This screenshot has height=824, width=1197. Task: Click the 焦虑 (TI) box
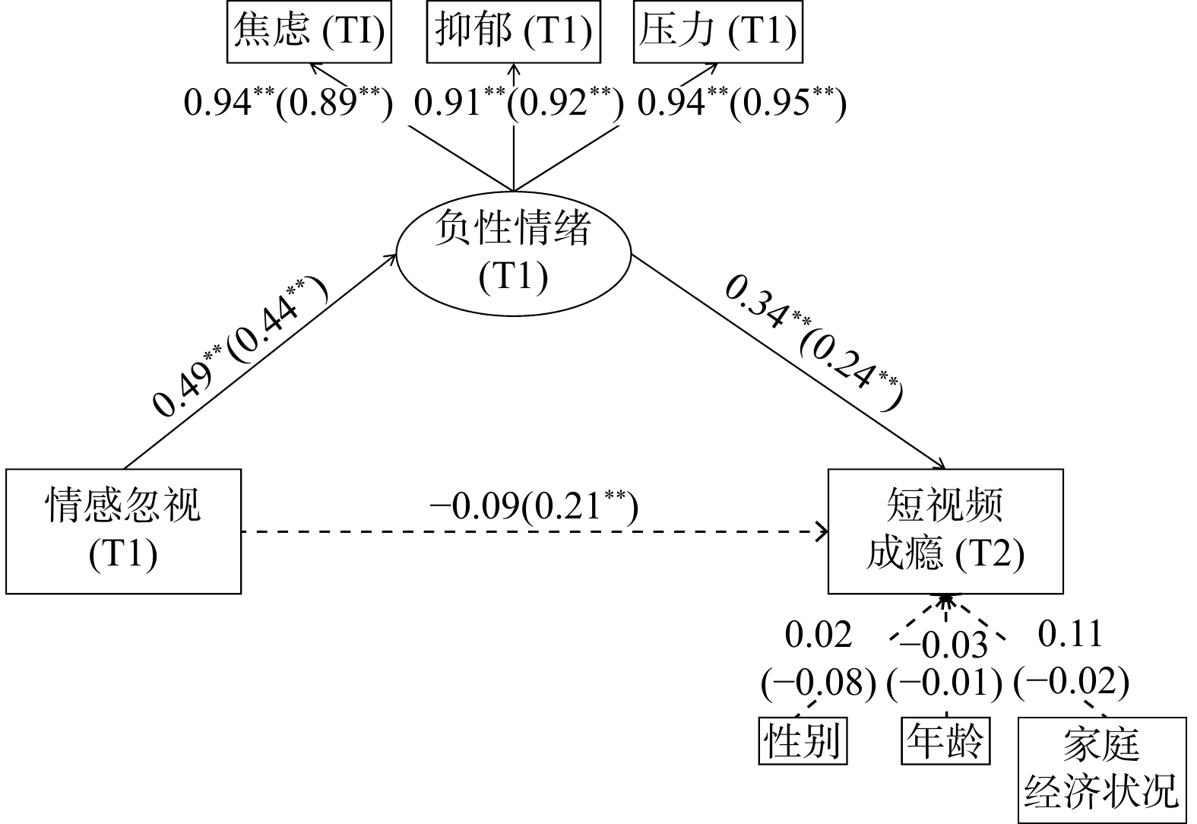(x=309, y=31)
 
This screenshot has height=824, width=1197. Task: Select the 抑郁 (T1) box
(x=514, y=31)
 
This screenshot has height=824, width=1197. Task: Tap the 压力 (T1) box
(x=717, y=31)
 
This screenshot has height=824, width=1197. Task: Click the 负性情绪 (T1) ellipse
(x=514, y=252)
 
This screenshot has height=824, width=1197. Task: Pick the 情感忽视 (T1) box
(x=123, y=531)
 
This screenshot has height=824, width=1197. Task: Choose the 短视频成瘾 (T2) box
(x=945, y=531)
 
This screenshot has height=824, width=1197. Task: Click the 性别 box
(x=803, y=740)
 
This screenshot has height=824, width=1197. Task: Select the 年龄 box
(x=945, y=740)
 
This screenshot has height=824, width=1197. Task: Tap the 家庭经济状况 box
(x=1101, y=769)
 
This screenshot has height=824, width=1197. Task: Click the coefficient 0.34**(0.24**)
(x=812, y=342)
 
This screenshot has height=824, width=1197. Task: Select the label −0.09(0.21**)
(x=534, y=506)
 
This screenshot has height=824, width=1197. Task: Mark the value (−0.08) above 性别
(x=819, y=682)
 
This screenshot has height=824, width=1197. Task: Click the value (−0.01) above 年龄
(x=945, y=682)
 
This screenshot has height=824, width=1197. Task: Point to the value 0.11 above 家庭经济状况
(x=1070, y=634)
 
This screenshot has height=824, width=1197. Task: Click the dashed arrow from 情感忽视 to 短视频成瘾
(x=532, y=532)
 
